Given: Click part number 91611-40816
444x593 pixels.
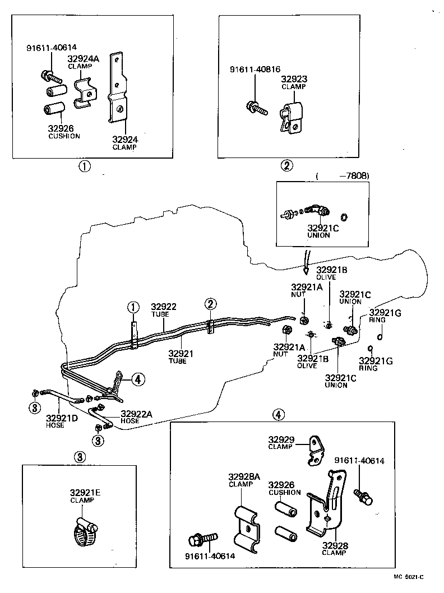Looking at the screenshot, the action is click(x=255, y=70).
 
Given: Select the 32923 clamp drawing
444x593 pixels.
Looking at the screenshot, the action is click(x=291, y=118).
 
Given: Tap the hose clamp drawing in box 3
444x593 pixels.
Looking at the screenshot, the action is click(x=85, y=532).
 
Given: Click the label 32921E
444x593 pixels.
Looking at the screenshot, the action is click(x=85, y=493).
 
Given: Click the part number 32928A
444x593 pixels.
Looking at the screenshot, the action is click(x=244, y=477).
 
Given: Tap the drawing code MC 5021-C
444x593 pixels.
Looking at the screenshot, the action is click(x=409, y=577).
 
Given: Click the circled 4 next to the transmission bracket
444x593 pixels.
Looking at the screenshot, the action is click(x=138, y=379).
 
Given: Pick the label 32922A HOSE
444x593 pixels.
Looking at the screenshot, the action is click(x=136, y=417).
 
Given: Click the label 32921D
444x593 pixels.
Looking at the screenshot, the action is click(x=62, y=418).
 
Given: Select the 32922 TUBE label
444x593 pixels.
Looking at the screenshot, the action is click(x=163, y=310).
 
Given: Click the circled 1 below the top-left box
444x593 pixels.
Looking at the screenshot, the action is click(x=84, y=166).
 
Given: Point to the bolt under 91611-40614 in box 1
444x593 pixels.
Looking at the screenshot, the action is click(x=50, y=77).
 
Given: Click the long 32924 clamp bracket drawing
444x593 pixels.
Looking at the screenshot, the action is click(x=118, y=88).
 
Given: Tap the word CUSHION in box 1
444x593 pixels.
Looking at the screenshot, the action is click(x=64, y=136).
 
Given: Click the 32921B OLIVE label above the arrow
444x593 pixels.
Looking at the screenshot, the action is click(x=332, y=273).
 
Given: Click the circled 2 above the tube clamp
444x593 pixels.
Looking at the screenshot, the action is click(x=211, y=304).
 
